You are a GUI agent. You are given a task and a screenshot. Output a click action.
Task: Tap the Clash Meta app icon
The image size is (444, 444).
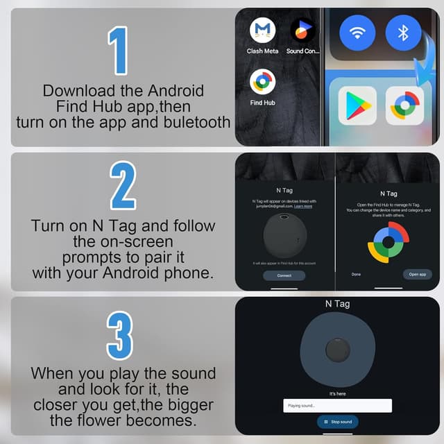(262, 31)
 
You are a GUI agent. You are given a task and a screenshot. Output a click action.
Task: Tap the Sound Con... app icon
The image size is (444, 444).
(302, 31)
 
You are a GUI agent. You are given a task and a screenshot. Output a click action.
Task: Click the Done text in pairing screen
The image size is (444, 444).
(356, 274)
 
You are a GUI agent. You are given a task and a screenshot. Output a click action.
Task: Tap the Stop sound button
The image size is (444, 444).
(338, 421)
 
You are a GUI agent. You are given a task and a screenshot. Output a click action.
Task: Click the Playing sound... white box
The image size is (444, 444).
(338, 405)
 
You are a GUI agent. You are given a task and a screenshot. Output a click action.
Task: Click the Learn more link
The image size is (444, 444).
(303, 206)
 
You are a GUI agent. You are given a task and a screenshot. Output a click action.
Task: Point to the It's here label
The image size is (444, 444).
(338, 393)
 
